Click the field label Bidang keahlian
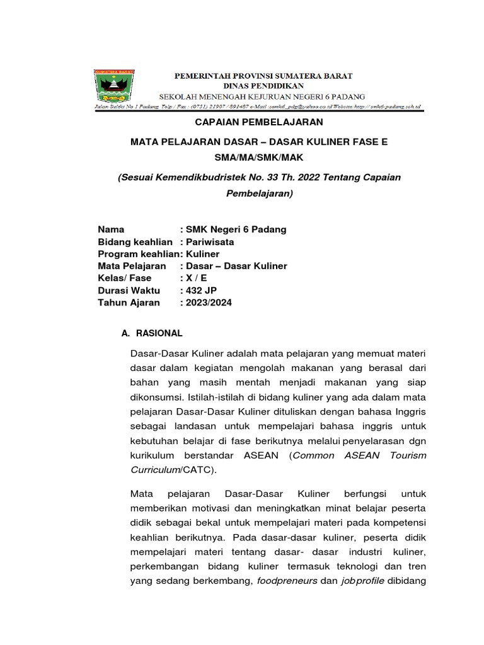click(135, 242)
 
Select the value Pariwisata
click(210, 242)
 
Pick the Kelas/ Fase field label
click(125, 278)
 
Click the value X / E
click(196, 278)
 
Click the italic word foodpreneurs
click(286, 581)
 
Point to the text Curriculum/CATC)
click(173, 470)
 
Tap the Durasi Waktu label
click(129, 290)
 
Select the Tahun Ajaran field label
click(129, 302)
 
